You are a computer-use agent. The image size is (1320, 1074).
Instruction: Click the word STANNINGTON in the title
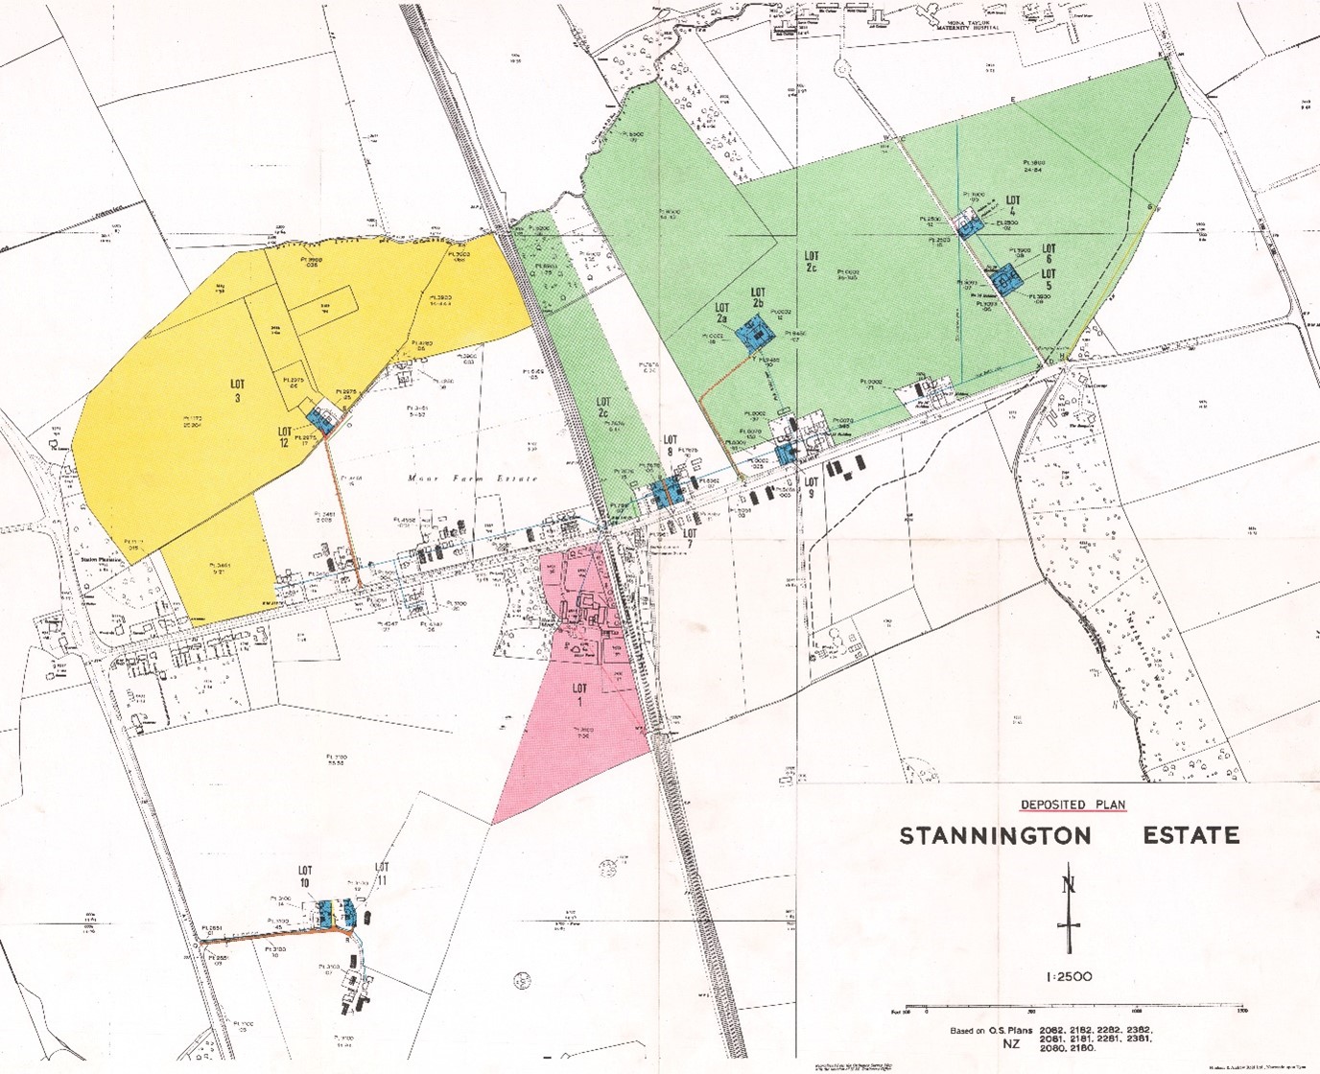click(995, 835)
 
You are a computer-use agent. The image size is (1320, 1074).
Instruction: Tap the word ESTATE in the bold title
click(1190, 834)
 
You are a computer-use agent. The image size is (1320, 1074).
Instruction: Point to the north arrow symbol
click(1069, 910)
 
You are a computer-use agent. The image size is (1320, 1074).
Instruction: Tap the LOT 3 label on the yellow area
click(237, 391)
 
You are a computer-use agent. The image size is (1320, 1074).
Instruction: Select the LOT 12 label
click(285, 437)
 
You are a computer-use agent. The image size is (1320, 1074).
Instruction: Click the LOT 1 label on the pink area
click(579, 694)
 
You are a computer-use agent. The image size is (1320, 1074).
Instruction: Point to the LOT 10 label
click(305, 876)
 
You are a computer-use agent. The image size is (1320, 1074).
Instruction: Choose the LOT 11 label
click(382, 874)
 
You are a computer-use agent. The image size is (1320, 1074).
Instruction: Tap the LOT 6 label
click(1049, 254)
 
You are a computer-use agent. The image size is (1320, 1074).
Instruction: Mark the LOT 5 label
click(1049, 279)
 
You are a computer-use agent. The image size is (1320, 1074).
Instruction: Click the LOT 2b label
click(758, 297)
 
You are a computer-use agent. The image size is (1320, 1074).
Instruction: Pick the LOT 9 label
click(812, 487)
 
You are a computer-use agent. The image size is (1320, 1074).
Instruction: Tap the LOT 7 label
click(689, 540)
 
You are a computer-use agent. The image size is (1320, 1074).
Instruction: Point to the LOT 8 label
click(671, 446)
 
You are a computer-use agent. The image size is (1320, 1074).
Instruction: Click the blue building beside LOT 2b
click(755, 335)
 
